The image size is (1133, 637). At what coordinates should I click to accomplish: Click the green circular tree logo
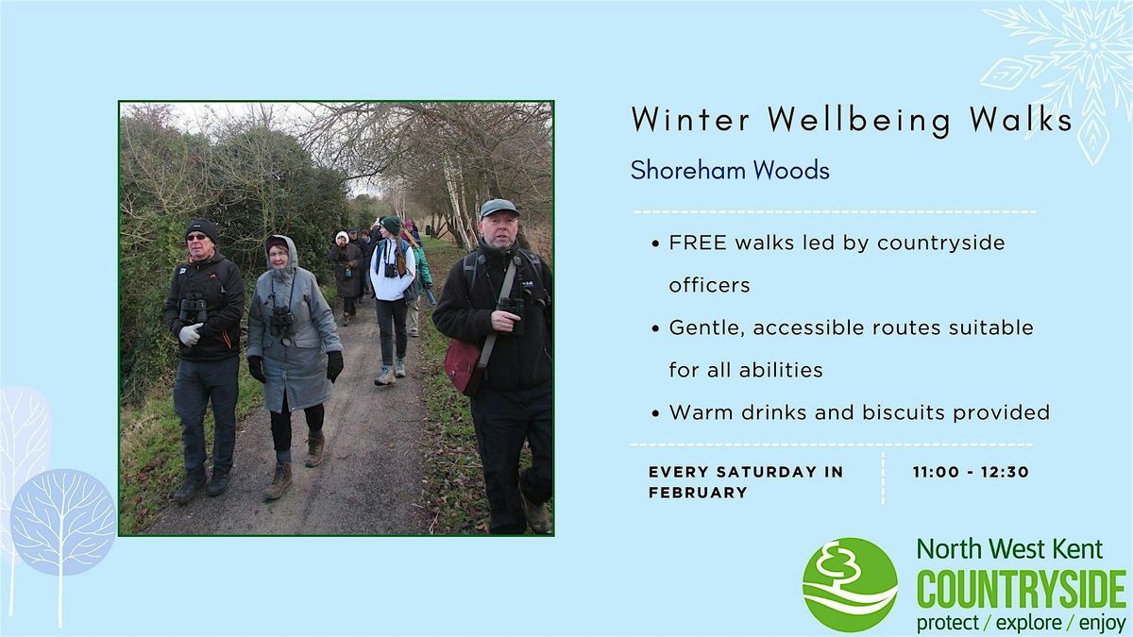tap(850, 584)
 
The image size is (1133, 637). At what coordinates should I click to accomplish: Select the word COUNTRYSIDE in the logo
tap(1022, 591)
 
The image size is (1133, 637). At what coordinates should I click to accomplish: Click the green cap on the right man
tap(498, 207)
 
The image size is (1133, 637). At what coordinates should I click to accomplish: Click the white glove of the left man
tap(191, 334)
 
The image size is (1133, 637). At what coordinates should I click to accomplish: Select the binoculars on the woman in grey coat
tap(281, 323)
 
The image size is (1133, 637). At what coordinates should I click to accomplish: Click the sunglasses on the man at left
tap(197, 238)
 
